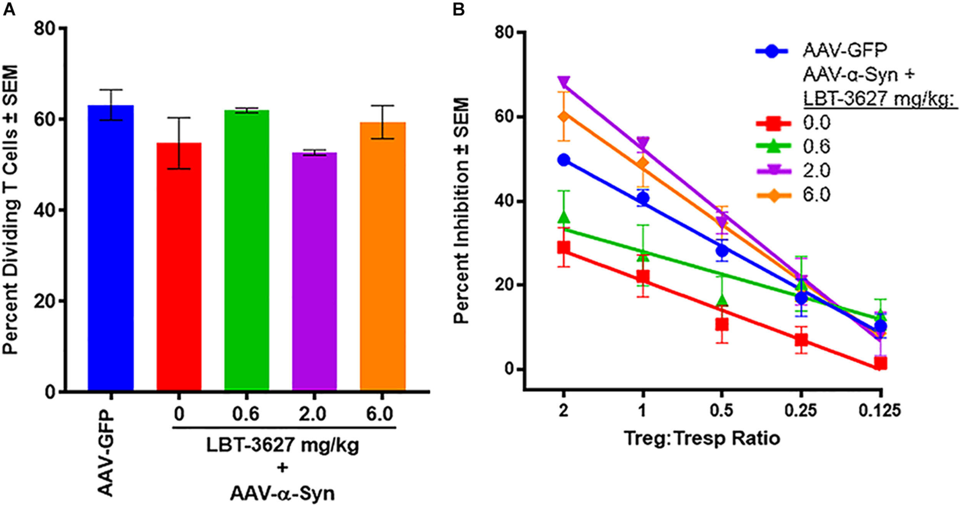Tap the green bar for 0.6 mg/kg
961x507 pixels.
pyautogui.click(x=246, y=250)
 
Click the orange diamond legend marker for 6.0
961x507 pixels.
pyautogui.click(x=773, y=195)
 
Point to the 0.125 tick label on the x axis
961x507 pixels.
pyautogui.click(x=880, y=411)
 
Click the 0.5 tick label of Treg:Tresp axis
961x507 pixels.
pyautogui.click(x=722, y=411)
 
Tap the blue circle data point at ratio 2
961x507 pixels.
pyautogui.click(x=564, y=160)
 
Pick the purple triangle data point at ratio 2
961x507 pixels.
pyautogui.click(x=564, y=82)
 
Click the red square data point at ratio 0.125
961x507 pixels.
pyautogui.click(x=880, y=363)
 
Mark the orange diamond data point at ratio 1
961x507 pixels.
pyautogui.click(x=643, y=164)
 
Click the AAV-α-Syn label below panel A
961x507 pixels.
pyautogui.click(x=283, y=493)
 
